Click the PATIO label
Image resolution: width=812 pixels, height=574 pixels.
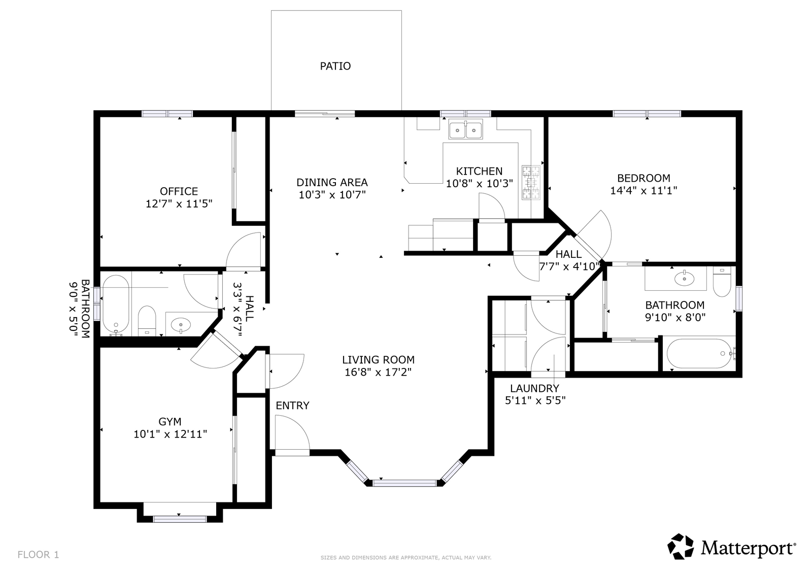pos(335,66)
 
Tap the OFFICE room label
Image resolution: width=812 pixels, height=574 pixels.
pos(179,191)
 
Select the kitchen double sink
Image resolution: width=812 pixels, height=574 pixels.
pos(465,129)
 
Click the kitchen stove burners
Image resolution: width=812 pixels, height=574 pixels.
pos(531,183)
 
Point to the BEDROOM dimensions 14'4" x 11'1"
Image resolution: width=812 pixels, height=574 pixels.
pos(644,191)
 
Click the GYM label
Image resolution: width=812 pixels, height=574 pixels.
pos(170,422)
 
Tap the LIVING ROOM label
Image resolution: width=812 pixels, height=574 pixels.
pos(378,360)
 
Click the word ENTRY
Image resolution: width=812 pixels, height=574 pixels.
pos(292,406)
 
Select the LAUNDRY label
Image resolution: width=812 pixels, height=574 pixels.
pos(535,388)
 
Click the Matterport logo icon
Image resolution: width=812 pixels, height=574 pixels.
pos(681,547)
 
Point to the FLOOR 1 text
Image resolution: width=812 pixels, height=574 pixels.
pos(38,554)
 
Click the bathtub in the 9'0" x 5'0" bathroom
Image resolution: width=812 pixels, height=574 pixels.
pos(116,306)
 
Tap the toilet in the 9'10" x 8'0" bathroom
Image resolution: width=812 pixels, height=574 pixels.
pos(722,282)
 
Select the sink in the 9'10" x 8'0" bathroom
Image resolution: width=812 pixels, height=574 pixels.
pos(685,279)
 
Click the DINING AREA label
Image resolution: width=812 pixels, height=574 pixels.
pos(332,182)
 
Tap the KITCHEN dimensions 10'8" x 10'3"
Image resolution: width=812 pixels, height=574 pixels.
pos(479,184)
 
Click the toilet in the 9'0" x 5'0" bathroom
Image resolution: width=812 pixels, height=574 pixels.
pos(147,321)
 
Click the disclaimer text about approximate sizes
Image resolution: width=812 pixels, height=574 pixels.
pos(406,557)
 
